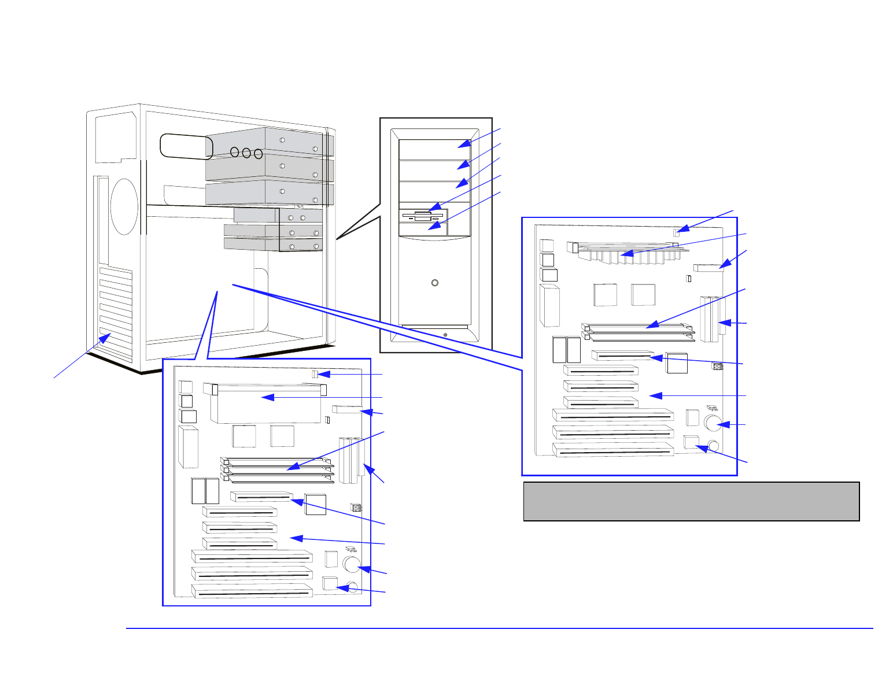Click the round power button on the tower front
[434, 283]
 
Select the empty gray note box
[691, 501]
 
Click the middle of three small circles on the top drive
[246, 153]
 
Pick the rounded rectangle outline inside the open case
[186, 145]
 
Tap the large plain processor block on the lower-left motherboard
[266, 404]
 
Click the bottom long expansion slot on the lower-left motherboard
[252, 591]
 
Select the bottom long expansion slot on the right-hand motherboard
[613, 450]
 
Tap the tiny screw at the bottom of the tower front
[445, 334]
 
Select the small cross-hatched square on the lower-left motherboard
[356, 508]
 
